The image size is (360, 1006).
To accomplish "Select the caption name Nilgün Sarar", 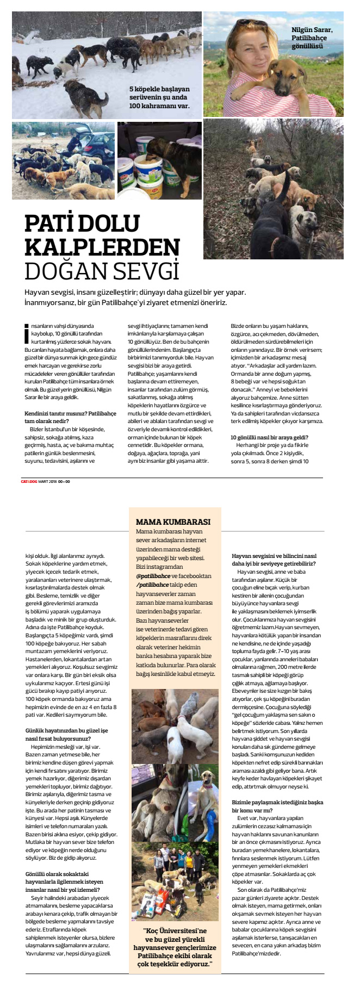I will [312, 30].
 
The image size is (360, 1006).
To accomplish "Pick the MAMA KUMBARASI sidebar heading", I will [172, 521].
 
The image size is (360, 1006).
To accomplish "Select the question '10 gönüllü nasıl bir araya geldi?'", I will [270, 437].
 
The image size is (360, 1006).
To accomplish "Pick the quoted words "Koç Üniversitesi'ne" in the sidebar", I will [175, 930].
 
